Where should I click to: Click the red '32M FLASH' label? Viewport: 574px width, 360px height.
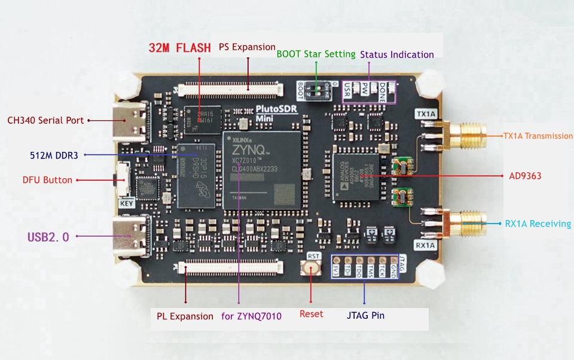click(x=179, y=48)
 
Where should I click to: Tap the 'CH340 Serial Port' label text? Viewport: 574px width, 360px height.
click(x=45, y=120)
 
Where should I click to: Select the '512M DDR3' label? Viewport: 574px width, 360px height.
click(x=54, y=155)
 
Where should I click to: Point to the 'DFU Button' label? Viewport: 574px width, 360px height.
click(x=47, y=180)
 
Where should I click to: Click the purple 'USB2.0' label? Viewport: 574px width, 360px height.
click(x=48, y=237)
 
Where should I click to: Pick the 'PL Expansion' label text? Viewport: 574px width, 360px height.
click(x=185, y=316)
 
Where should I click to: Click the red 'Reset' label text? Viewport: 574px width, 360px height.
click(x=311, y=314)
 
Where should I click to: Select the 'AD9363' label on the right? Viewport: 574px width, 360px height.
click(x=525, y=176)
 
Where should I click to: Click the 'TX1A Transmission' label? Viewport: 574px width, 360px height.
click(x=538, y=136)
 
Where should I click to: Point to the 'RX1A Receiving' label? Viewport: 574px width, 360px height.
click(x=538, y=224)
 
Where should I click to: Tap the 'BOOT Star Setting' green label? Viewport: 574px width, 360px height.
click(x=316, y=54)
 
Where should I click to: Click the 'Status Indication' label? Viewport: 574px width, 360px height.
click(x=397, y=54)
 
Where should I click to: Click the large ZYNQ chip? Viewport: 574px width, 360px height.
click(x=261, y=171)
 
